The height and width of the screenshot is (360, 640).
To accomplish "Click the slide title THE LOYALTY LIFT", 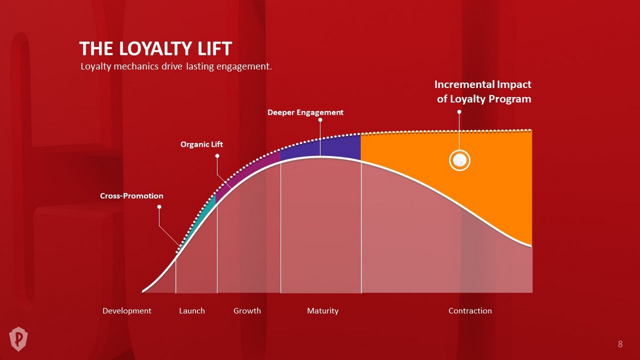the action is [156, 49].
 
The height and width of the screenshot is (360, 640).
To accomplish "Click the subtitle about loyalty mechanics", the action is [176, 67].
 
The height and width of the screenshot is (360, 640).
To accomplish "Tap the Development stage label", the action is [127, 311].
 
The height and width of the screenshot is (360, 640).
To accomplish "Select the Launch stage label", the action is [192, 311].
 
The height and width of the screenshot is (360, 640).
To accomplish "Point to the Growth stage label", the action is [247, 311].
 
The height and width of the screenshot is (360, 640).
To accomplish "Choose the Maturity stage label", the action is [323, 311].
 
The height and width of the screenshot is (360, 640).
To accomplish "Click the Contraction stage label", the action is [470, 311].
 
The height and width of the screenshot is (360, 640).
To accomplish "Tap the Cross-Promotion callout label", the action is [132, 196].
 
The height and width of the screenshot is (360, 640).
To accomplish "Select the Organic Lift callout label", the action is [202, 145].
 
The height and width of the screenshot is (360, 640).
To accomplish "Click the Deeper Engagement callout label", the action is [306, 113].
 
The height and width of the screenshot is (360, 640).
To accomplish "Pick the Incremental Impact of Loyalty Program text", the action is [483, 92].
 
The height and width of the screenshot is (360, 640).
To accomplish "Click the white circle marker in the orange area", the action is [459, 161].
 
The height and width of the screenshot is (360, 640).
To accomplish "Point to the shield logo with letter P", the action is [18, 339].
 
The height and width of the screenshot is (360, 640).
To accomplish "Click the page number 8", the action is [620, 344].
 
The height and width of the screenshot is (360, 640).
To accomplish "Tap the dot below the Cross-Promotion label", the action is [159, 207].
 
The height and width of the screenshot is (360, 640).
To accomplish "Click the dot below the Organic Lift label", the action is [217, 156].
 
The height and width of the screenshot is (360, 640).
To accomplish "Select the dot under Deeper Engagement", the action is [321, 120].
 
